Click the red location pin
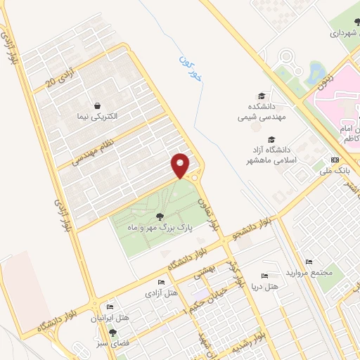point(180,165)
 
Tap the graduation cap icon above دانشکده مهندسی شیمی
point(262,95)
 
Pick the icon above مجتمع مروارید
point(308,261)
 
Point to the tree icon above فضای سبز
point(112,333)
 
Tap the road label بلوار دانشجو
point(255,226)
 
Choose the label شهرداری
point(345,32)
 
